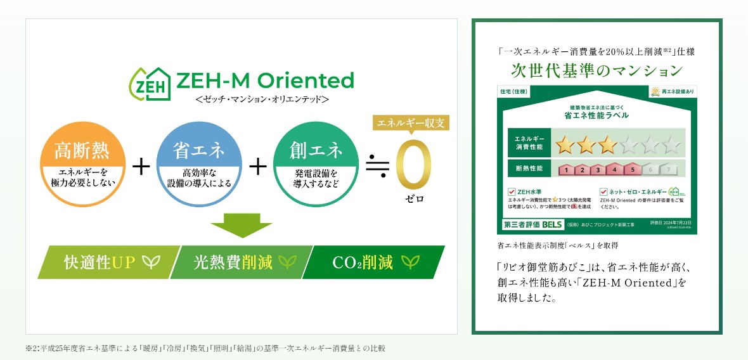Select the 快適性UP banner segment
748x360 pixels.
101,262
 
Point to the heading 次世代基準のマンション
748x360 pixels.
596,69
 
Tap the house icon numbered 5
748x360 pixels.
632,169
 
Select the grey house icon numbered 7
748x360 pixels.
667,169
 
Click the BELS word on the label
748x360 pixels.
552,224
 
